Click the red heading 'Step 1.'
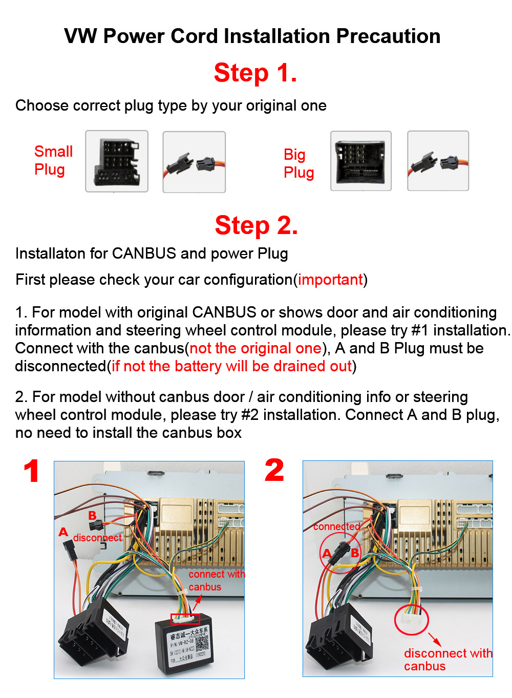click(x=255, y=73)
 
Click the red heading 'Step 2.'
click(x=256, y=225)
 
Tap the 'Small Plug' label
click(x=53, y=160)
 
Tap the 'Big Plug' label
click(x=298, y=163)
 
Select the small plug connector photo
click(x=117, y=161)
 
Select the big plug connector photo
click(x=361, y=161)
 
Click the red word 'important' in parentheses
click(x=330, y=280)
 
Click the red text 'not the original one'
click(x=255, y=348)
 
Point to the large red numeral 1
click(x=32, y=471)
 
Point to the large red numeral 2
click(x=274, y=470)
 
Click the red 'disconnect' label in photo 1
click(x=97, y=538)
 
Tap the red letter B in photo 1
click(x=92, y=515)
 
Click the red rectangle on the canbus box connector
click(x=185, y=618)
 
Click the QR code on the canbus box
click(x=202, y=644)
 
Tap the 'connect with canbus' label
click(x=215, y=581)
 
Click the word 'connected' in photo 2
click(x=336, y=526)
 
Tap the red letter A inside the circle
click(x=327, y=553)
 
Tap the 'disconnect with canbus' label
click(x=446, y=660)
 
